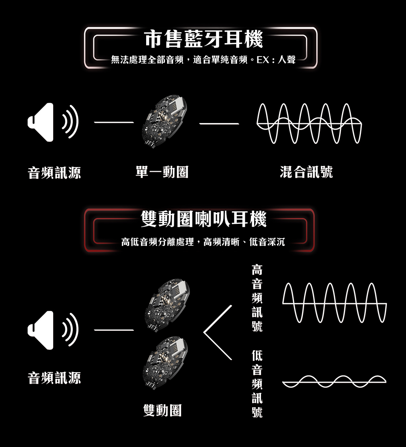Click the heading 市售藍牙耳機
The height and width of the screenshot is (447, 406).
tap(204, 40)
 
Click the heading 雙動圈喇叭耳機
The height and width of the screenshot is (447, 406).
tap(204, 220)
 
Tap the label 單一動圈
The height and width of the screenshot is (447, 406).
tap(162, 172)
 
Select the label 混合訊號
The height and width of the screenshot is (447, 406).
tap(306, 172)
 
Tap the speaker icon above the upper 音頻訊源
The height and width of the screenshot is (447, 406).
tap(53, 122)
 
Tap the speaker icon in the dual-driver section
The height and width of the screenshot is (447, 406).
tap(53, 330)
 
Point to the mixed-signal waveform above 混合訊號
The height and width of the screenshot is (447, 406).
tap(309, 123)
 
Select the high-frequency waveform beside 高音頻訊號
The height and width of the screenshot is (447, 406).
tap(335, 303)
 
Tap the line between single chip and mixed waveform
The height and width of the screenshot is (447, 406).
tap(219, 123)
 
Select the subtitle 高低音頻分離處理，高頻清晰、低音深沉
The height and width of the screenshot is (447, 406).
tap(203, 243)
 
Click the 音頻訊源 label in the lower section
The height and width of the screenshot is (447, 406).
tap(54, 378)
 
